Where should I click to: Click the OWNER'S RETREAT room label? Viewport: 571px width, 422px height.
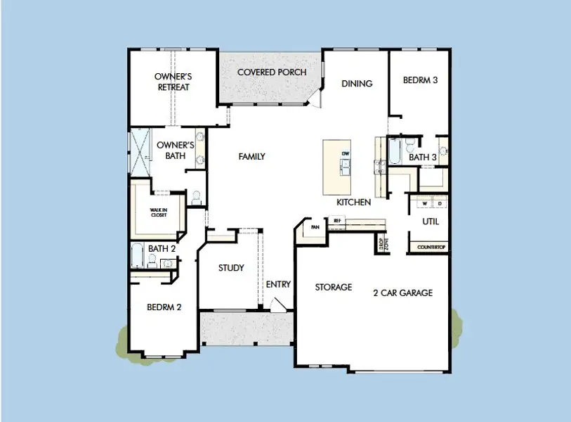click(173, 82)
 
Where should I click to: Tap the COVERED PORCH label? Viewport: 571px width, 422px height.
click(272, 72)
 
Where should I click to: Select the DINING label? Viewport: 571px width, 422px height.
click(357, 84)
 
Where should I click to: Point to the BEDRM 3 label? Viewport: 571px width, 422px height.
click(420, 80)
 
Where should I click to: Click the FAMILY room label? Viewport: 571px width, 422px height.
click(251, 156)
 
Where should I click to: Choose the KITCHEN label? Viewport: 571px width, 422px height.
click(353, 202)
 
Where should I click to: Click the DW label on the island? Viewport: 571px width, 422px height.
click(345, 153)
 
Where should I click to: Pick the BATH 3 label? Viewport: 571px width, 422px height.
click(423, 158)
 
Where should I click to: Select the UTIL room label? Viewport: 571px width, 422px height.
click(431, 221)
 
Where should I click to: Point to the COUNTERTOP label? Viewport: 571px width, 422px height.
click(431, 248)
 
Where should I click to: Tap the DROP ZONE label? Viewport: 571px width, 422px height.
click(383, 244)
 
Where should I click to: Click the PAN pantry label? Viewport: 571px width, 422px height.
click(315, 227)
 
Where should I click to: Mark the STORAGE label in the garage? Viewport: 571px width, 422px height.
click(333, 287)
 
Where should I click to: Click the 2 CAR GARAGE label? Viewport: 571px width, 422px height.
click(402, 293)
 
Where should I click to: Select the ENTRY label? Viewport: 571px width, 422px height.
click(278, 284)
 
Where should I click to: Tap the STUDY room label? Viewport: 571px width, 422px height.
click(231, 268)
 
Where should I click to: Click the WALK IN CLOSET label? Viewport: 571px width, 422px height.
click(158, 212)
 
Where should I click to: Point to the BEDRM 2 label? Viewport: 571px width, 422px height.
click(164, 307)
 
